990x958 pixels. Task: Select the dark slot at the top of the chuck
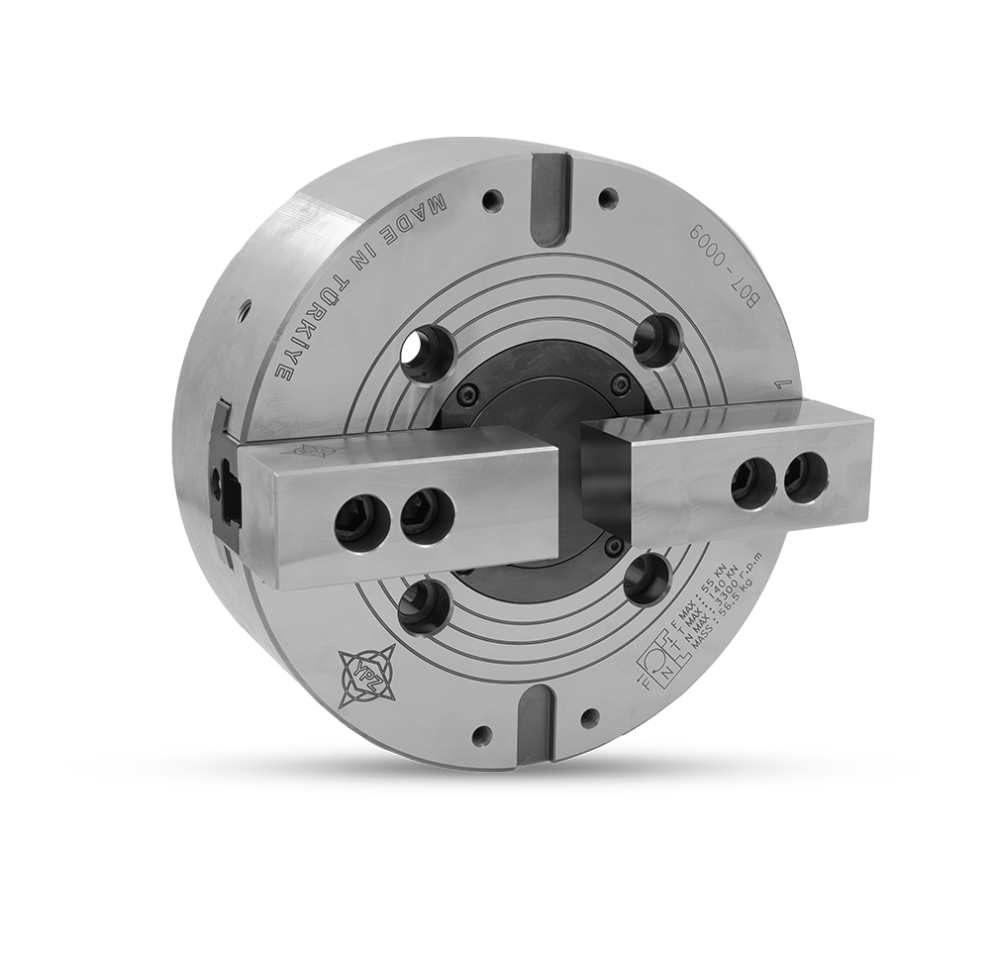pyautogui.click(x=544, y=198)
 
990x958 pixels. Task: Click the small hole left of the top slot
pyautogui.click(x=492, y=200)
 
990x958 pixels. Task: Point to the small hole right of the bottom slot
pyautogui.click(x=591, y=716)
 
